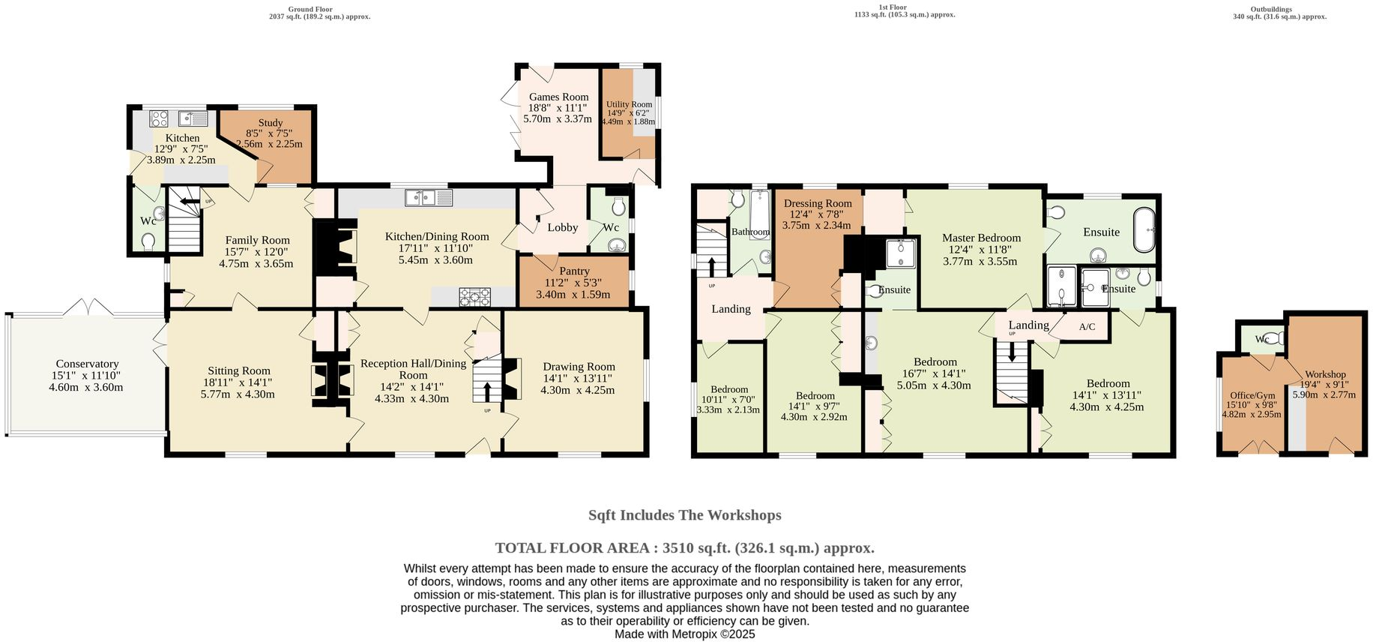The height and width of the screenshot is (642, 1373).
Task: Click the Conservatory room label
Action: [87, 364]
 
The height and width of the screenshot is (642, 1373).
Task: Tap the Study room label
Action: [270, 122]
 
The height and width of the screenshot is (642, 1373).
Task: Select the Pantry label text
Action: [574, 271]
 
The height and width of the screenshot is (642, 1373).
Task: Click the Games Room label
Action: [558, 97]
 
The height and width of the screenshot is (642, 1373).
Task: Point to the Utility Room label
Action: [629, 105]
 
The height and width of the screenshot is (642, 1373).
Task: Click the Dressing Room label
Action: [818, 203]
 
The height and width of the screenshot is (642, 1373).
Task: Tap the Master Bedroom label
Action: [981, 238]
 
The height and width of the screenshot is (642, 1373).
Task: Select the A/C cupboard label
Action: [1087, 327]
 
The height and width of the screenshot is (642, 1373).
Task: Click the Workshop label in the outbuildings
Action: [1325, 374]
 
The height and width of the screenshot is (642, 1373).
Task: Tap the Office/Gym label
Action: [1252, 395]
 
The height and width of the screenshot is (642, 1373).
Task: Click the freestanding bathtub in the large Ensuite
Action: [1144, 230]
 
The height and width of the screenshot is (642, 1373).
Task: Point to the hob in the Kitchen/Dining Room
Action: [475, 297]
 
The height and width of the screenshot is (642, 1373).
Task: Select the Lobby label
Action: [562, 227]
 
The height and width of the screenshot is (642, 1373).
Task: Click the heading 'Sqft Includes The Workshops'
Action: [684, 515]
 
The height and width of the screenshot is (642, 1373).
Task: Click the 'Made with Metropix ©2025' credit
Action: [684, 634]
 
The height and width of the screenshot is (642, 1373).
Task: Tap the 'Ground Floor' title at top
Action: [310, 9]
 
